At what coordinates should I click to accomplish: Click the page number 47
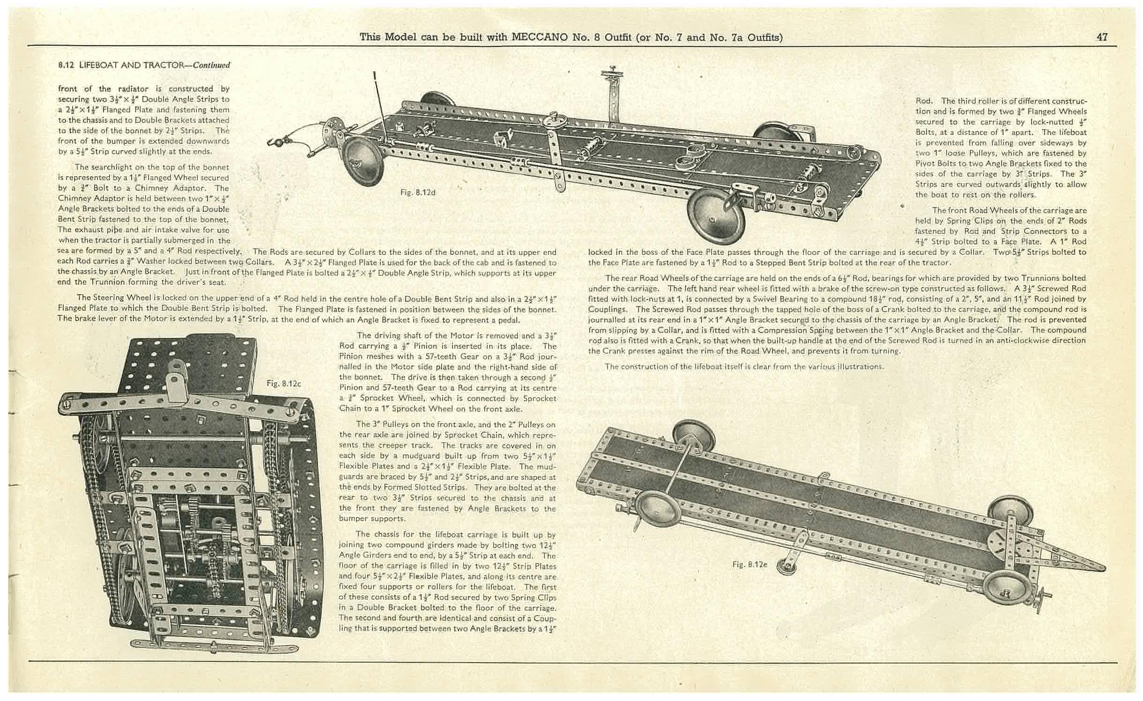point(1102,37)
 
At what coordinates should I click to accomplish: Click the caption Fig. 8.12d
point(418,192)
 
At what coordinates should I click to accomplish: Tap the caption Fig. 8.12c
point(283,383)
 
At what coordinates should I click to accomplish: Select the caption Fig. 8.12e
point(750,564)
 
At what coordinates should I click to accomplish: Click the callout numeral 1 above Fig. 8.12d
point(375,74)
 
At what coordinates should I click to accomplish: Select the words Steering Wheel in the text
point(119,298)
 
